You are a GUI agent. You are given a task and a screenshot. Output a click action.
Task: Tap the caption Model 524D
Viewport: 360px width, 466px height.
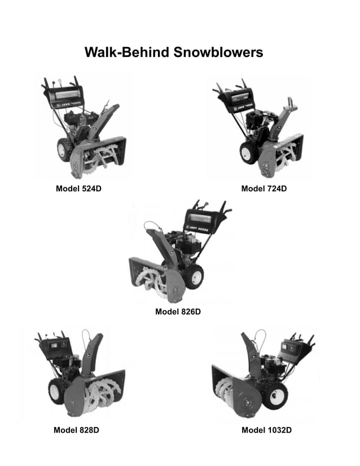(78, 188)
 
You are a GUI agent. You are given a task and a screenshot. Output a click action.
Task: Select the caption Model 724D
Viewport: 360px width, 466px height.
(264, 188)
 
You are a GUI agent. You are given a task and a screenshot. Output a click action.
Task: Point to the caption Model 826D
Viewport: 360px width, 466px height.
(178, 311)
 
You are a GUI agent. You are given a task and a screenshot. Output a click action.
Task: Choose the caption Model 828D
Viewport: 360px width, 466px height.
(76, 430)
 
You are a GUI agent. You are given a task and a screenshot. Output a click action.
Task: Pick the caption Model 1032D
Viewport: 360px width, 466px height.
(266, 430)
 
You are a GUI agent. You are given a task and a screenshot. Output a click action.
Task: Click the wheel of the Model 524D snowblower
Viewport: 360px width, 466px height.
(63, 150)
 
